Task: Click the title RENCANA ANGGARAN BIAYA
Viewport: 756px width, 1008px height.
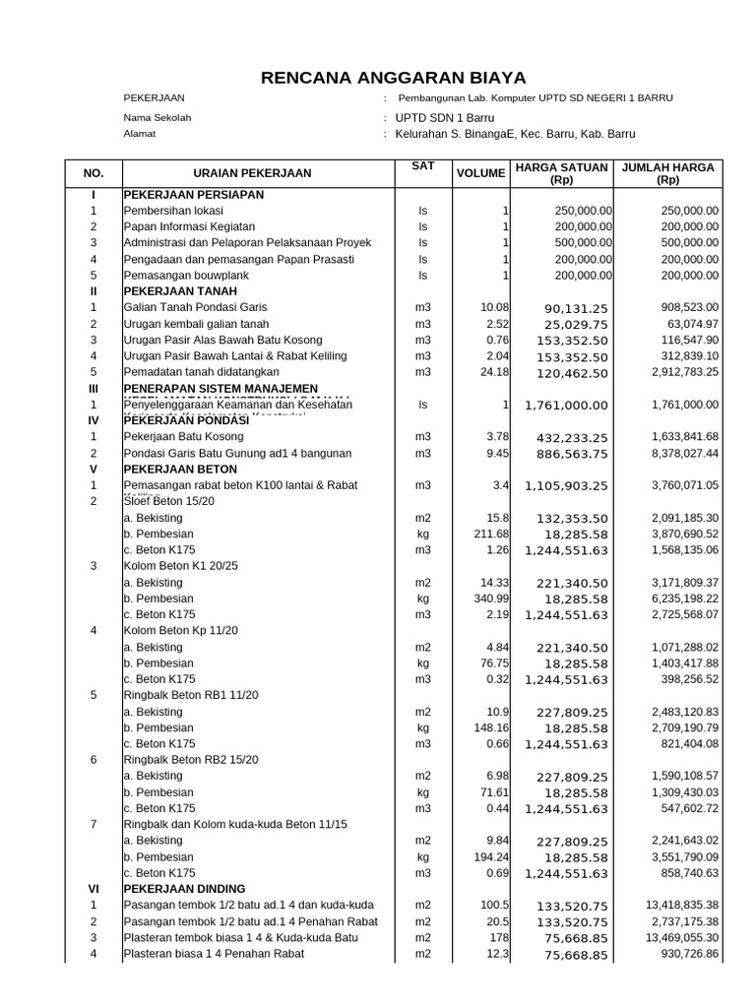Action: [393, 78]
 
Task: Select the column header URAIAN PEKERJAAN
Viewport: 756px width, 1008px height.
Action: [252, 173]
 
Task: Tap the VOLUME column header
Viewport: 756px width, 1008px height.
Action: [480, 174]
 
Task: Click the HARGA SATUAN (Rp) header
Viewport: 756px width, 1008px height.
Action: [561, 174]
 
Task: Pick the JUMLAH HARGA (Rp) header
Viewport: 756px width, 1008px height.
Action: [668, 174]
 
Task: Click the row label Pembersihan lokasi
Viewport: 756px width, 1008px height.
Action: [173, 211]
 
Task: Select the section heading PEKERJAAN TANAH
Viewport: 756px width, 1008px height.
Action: [180, 291]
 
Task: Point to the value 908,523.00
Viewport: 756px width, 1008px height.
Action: [685, 307]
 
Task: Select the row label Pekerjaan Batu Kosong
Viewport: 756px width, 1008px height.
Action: [184, 436]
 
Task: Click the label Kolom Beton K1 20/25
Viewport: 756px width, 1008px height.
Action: [180, 566]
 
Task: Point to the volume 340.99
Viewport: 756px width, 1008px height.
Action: [490, 598]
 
